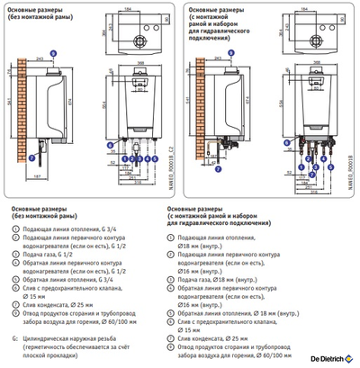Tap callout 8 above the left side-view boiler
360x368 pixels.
(x=52, y=55)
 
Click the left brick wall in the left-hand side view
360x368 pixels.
(x=22, y=108)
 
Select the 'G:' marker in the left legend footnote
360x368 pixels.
(x=15, y=337)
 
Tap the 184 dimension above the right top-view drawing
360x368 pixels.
(x=303, y=8)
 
